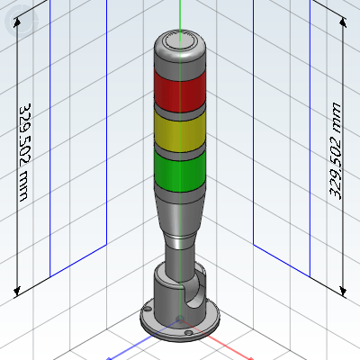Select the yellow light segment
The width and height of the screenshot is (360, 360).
click(180, 132)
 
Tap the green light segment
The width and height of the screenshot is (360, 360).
click(180, 171)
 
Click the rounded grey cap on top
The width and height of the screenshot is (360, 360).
click(180, 48)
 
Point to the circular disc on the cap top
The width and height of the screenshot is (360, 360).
click(180, 41)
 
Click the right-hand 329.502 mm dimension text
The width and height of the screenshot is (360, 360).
click(336, 151)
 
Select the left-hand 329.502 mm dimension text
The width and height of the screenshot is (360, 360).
click(25, 152)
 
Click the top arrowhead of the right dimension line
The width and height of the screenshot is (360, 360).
click(343, 22)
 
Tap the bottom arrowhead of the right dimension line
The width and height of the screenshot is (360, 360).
click(343, 291)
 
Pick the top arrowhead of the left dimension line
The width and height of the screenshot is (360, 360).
click(17, 22)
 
